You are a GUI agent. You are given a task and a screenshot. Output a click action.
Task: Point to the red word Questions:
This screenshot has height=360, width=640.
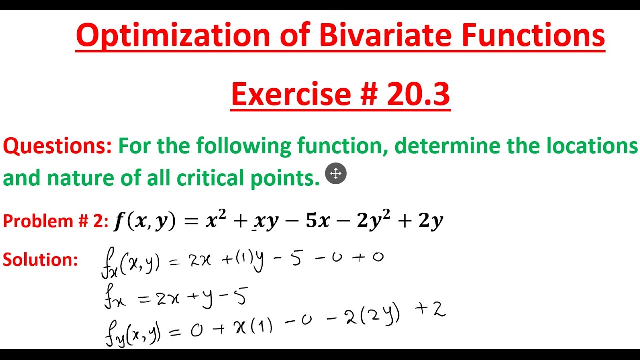57,146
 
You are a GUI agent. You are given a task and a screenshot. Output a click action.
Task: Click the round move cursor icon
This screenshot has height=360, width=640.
336,174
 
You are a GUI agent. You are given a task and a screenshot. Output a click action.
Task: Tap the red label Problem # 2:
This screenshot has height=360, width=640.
55,221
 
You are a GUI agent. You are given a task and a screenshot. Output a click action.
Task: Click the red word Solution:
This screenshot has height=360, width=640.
40,259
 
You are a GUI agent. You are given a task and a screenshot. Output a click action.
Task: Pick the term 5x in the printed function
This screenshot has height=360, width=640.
317,221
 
